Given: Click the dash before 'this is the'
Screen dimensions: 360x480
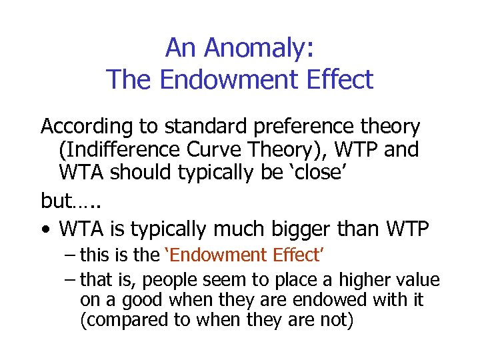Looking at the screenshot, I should pyautogui.click(x=71, y=255).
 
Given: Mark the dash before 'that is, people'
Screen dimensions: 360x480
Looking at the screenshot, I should pyautogui.click(x=71, y=279).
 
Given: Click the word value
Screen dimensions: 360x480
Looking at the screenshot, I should pyautogui.click(x=419, y=279).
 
